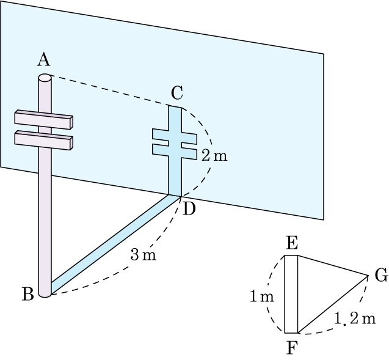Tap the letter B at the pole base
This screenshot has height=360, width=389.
(x=27, y=294)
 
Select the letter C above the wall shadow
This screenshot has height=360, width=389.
(x=177, y=93)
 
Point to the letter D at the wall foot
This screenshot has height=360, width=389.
(x=189, y=209)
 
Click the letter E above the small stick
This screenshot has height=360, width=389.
(x=291, y=243)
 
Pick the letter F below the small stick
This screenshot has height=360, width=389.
(x=291, y=348)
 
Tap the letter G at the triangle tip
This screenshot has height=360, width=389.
(x=381, y=276)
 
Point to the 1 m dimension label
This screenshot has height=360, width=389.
(x=261, y=298)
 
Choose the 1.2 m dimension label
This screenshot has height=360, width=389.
(x=355, y=318)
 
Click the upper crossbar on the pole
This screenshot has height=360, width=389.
(x=44, y=120)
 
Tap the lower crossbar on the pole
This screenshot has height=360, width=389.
(x=44, y=139)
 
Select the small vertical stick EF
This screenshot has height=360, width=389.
(x=291, y=294)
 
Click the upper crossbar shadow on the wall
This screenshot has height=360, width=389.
(x=174, y=134)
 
